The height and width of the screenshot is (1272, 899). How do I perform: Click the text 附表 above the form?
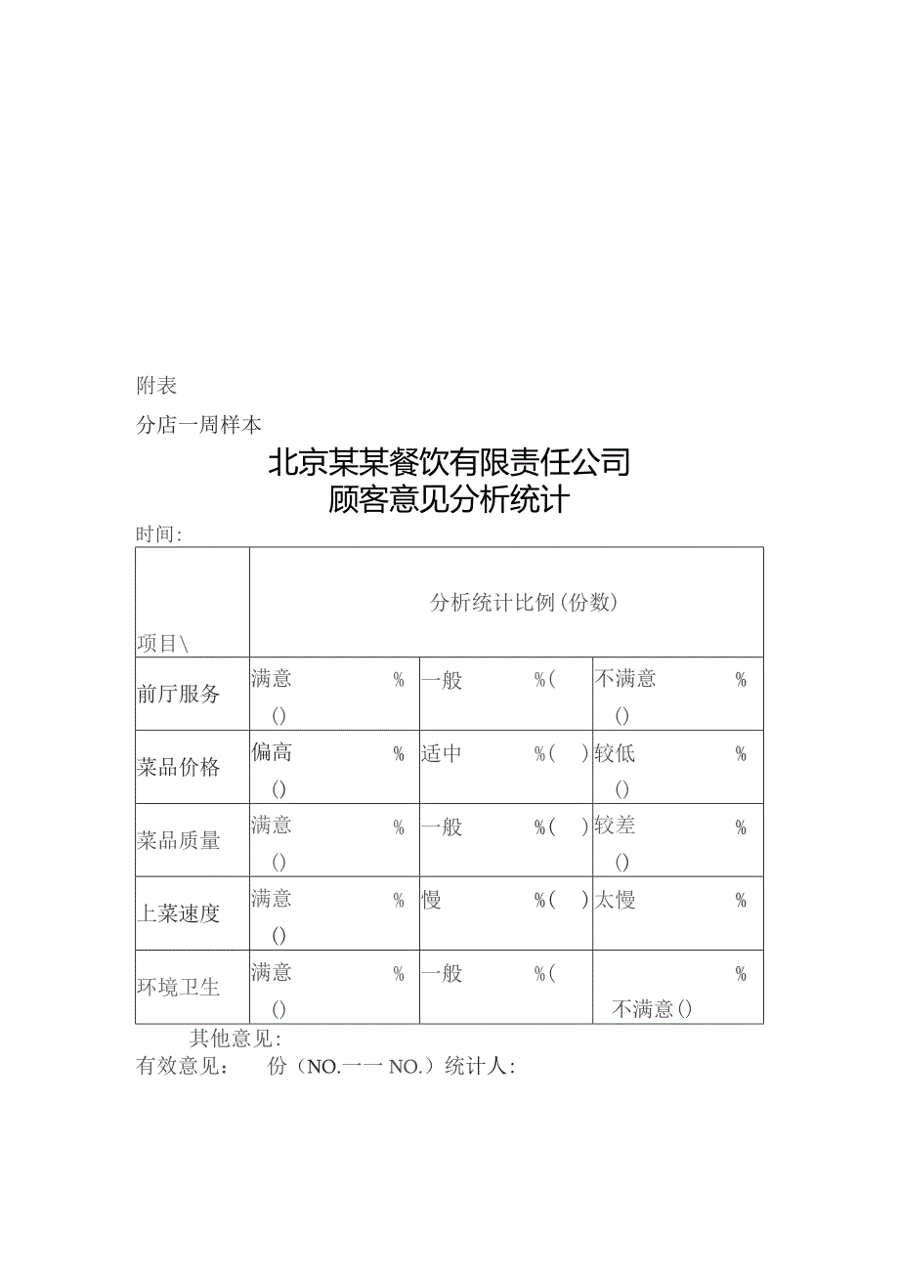(156, 386)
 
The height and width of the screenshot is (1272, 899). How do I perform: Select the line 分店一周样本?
(198, 425)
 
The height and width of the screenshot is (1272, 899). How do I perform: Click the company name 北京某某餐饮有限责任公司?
(449, 462)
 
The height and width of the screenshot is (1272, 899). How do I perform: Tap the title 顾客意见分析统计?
(449, 501)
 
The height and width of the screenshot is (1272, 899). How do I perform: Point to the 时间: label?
(159, 534)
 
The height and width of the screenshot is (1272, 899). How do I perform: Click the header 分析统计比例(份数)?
(525, 603)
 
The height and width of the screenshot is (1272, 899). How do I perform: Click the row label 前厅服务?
(179, 695)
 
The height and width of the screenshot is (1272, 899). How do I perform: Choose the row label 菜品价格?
(179, 768)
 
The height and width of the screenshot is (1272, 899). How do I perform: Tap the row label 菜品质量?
(179, 841)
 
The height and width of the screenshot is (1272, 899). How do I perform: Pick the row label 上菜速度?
(179, 914)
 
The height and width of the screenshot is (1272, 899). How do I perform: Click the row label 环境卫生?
(179, 988)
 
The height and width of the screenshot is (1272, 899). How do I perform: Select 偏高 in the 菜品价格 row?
(272, 753)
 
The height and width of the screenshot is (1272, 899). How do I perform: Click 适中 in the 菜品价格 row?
(442, 753)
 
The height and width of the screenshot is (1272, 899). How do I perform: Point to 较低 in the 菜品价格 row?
(616, 753)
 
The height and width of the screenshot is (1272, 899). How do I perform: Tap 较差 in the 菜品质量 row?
(616, 827)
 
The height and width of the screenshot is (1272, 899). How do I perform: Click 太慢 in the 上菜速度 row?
(616, 900)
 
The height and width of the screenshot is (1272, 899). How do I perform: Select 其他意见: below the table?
(235, 1039)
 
